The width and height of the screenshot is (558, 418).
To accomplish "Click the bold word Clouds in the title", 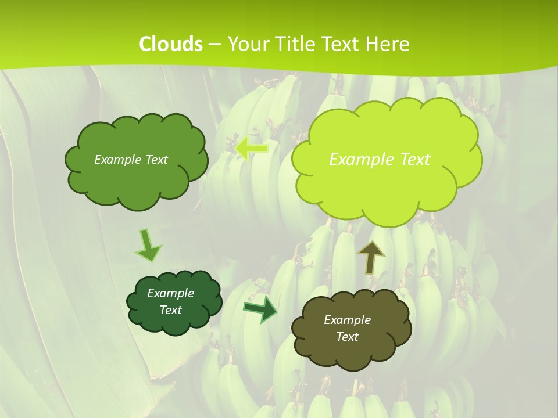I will tap(171, 44).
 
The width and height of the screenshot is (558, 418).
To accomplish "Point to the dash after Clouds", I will tap(214, 44).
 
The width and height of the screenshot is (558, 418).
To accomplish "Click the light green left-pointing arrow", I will tap(251, 148).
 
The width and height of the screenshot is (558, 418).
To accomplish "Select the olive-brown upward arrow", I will tap(371, 257).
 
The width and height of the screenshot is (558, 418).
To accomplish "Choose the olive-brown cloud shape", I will tap(351, 329).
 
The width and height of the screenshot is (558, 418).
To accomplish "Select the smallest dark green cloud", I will tap(174, 302).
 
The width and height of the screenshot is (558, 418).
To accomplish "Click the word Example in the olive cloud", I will tap(347, 320).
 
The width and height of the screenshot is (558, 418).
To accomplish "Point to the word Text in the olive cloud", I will tap(347, 337).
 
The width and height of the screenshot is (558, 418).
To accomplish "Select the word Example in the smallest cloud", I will tap(170, 293).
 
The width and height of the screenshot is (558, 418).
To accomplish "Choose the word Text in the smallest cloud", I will tap(170, 310).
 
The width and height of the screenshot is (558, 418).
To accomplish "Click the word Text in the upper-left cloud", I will tap(155, 160).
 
